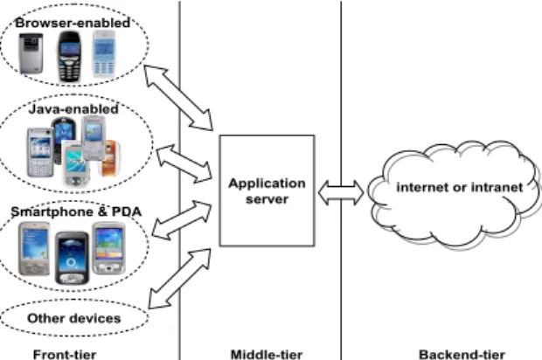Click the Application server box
pyautogui.click(x=267, y=190)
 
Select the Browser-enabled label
pyautogui.click(x=73, y=23)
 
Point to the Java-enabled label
pyautogui.click(x=73, y=109)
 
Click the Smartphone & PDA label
pyautogui.click(x=76, y=211)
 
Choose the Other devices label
pyautogui.click(x=74, y=318)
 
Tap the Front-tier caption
pyautogui.click(x=65, y=355)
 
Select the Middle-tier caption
pyautogui.click(x=267, y=355)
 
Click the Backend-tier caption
pyautogui.click(x=462, y=355)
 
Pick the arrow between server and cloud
pyautogui.click(x=341, y=193)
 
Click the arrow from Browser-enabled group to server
pyautogui.click(x=178, y=98)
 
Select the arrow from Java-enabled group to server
pyautogui.click(x=184, y=163)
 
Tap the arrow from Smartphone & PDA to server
pyautogui.click(x=182, y=220)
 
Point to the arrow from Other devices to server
pyautogui.click(x=179, y=279)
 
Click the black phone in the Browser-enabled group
pyautogui.click(x=69, y=56)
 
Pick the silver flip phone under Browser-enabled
pyautogui.click(x=31, y=53)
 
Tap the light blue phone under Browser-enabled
pyautogui.click(x=104, y=54)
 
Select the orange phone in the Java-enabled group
pyautogui.click(x=109, y=158)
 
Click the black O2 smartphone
pyautogui.click(x=72, y=258)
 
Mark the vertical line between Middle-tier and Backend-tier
pyautogui.click(x=341, y=180)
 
